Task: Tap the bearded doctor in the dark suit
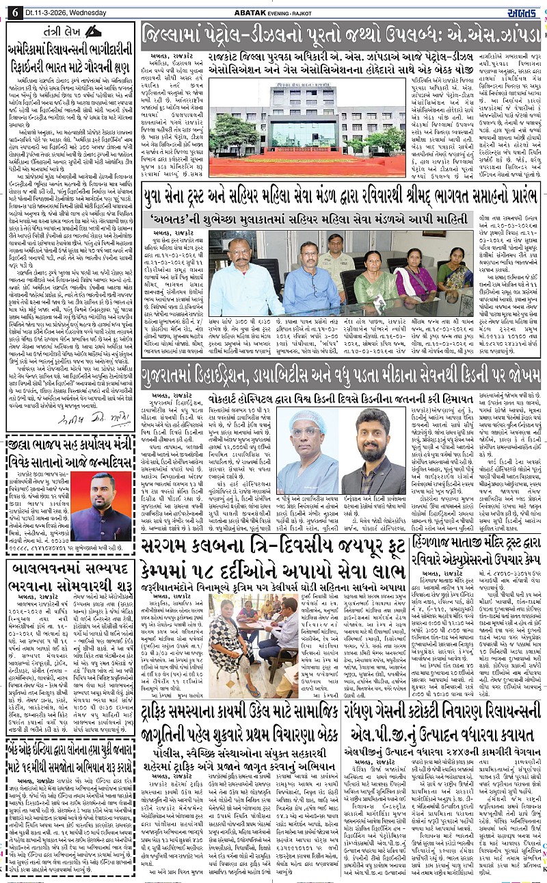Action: click(375, 452)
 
